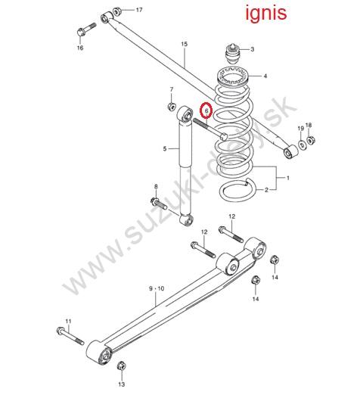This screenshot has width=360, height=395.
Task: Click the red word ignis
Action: pos(266,13)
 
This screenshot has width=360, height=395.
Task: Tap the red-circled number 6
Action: pos(206,110)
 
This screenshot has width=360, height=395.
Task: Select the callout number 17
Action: pos(139,10)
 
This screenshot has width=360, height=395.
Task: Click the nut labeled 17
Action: pos(116,11)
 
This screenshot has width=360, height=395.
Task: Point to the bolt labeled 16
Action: pos(86,30)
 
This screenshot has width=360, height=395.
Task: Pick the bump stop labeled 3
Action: pos(232,54)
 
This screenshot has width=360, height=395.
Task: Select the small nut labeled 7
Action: pos(172,106)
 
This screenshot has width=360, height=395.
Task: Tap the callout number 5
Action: pos(165,149)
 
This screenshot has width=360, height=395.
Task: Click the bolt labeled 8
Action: pos(159,204)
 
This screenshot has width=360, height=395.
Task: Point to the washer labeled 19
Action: pos(302,145)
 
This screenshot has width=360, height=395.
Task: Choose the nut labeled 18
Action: pos(310,140)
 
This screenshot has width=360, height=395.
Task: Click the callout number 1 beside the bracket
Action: pos(288,178)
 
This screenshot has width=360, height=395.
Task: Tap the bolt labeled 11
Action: pos(70,336)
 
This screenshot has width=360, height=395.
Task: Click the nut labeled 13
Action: pos(122,365)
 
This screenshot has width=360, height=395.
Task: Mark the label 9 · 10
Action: pos(157,288)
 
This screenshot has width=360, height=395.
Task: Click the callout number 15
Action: pos(185,44)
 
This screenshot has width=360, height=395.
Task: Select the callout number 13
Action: pos(122,384)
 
